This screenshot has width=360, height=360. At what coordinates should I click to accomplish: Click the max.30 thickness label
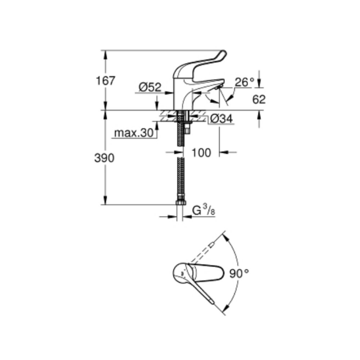134,133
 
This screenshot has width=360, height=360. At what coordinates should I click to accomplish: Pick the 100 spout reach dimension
201,153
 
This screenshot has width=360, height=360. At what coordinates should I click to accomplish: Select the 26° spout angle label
244,82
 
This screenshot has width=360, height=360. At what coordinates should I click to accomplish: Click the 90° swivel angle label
239,274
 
